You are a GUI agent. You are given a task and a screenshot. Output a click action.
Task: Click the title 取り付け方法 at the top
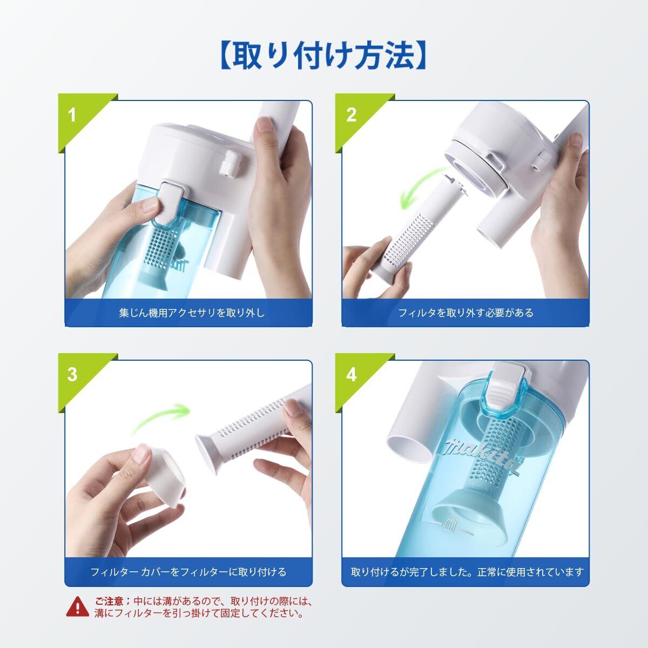[x=324, y=55]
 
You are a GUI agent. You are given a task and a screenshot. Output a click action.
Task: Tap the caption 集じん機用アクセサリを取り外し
[x=192, y=313]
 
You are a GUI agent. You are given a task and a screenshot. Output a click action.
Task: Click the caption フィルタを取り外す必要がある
[x=465, y=313]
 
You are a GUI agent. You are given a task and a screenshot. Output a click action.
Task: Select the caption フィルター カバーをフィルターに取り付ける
[x=188, y=572]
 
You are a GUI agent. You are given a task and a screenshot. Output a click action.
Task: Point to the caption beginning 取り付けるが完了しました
[x=467, y=572]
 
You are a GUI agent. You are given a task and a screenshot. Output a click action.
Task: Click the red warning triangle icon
[x=78, y=607]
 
